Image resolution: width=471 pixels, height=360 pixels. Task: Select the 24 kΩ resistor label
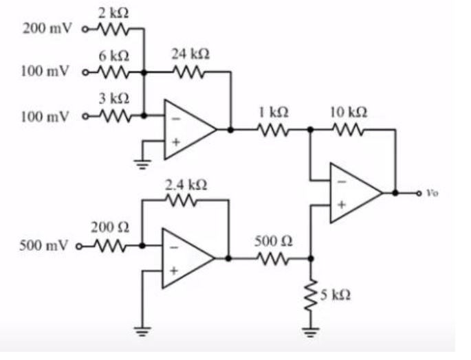point(192,54)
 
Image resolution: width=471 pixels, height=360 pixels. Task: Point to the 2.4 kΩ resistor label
point(185,184)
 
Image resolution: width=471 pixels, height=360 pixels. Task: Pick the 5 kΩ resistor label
point(338,295)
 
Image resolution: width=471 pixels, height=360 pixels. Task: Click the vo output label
point(431,193)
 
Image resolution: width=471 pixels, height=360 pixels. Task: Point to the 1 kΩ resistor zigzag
point(270,128)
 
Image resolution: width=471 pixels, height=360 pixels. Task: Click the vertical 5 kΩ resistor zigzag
point(311,295)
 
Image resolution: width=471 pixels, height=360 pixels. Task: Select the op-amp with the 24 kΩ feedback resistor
point(188,129)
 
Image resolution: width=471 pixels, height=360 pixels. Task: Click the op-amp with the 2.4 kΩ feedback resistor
point(186,258)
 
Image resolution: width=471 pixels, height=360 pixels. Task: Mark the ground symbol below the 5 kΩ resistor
point(311,335)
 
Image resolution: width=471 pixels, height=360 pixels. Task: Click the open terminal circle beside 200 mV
point(86,30)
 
